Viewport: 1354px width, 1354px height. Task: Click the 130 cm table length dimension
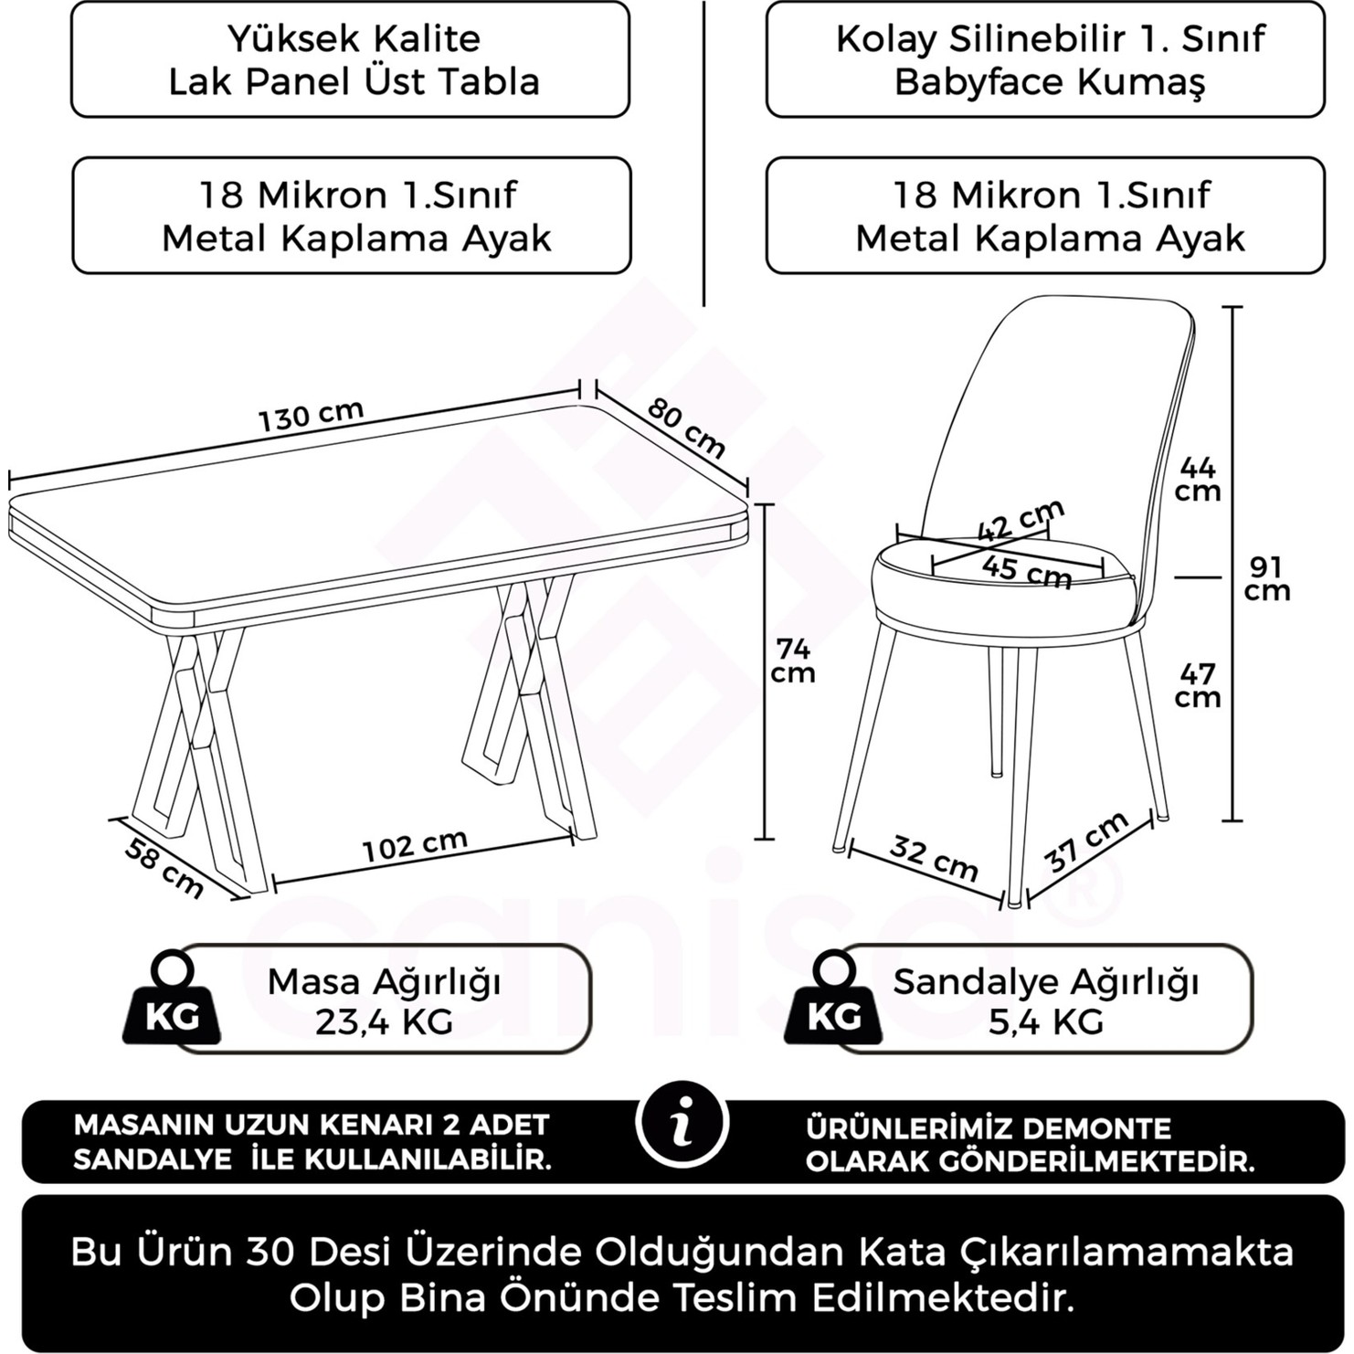pos(311,416)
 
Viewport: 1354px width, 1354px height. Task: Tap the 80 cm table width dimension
pos(686,428)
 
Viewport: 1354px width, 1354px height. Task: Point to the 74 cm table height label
pos(792,661)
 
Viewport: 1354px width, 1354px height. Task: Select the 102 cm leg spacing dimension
pos(415,845)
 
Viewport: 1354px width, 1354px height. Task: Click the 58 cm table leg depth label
pos(164,867)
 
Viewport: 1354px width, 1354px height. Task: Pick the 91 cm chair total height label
pos(1266,578)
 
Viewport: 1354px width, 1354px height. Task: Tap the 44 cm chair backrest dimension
pos(1198,479)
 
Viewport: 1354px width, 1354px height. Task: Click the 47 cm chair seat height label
pos(1198,685)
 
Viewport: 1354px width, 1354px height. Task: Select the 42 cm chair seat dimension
pos(1021,520)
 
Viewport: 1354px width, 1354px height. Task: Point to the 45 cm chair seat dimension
pos(1026,571)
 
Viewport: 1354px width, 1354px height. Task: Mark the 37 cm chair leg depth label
pos(1085,841)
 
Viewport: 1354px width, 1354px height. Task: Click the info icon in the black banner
pos(682,1123)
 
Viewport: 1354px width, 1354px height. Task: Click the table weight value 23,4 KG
pos(384,1021)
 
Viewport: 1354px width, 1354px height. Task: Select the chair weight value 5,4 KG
pos(1045,1021)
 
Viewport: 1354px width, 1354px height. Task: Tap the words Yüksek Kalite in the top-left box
pos(354,38)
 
